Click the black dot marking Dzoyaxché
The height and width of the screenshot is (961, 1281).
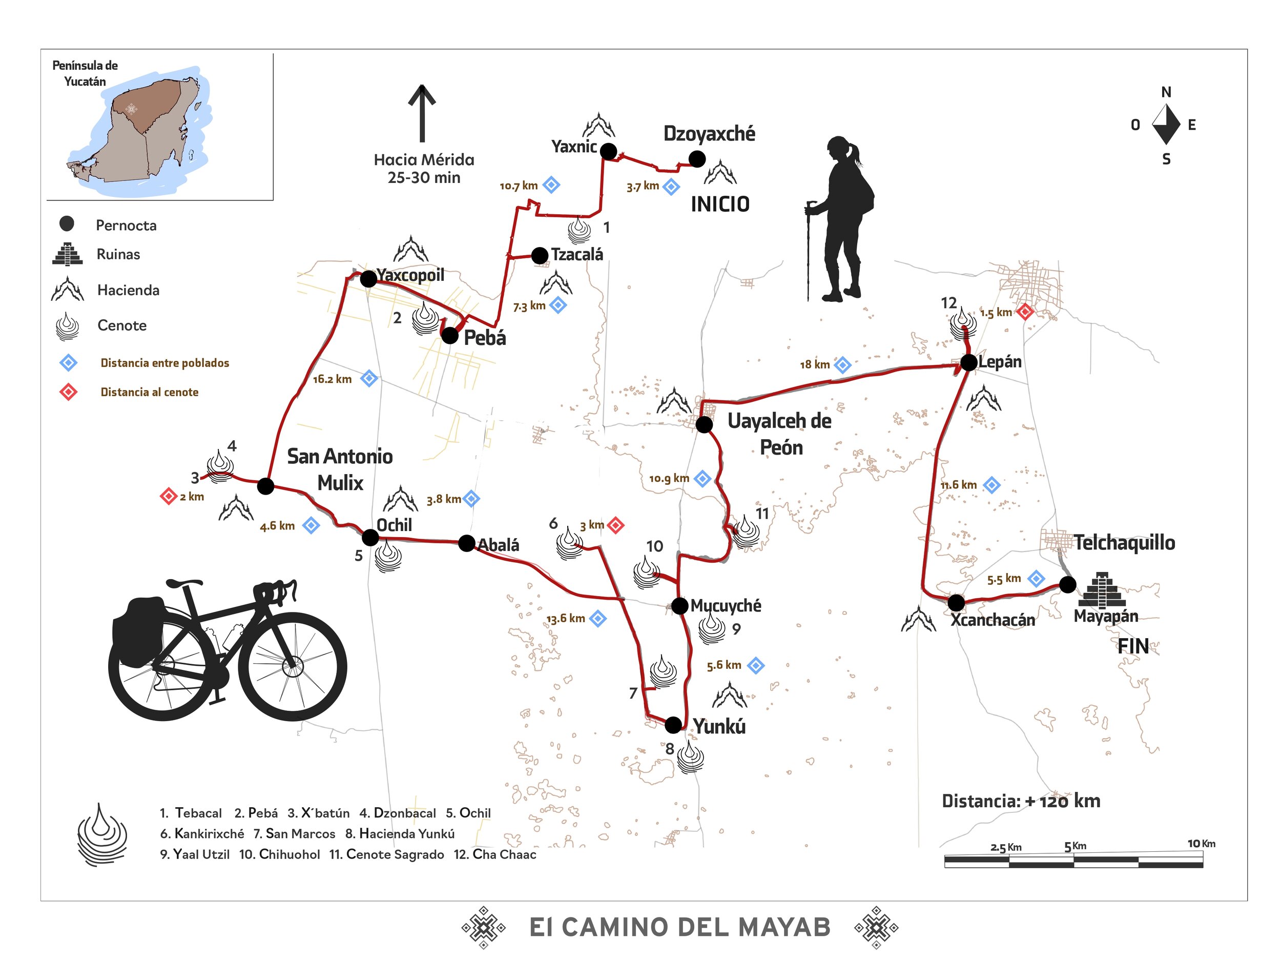(x=697, y=159)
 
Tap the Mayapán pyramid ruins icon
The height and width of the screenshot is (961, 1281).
(x=1102, y=590)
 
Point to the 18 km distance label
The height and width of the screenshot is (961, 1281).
(x=815, y=364)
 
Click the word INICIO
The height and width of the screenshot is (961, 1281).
(x=720, y=205)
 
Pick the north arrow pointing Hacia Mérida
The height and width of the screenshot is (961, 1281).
(x=422, y=113)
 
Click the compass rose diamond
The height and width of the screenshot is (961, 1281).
(x=1166, y=125)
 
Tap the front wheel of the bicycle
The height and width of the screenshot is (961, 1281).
(x=293, y=666)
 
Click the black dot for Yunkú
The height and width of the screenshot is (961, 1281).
(x=673, y=725)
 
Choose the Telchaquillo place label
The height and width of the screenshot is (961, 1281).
(x=1124, y=543)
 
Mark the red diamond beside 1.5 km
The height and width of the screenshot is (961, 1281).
(x=1025, y=312)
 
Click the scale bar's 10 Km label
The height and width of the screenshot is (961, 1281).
(x=1201, y=844)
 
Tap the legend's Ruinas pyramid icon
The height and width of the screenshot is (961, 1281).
(x=67, y=254)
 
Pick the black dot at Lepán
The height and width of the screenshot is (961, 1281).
(x=969, y=363)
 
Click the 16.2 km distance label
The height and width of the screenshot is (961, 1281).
(x=332, y=379)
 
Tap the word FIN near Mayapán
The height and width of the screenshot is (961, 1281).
(x=1133, y=646)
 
